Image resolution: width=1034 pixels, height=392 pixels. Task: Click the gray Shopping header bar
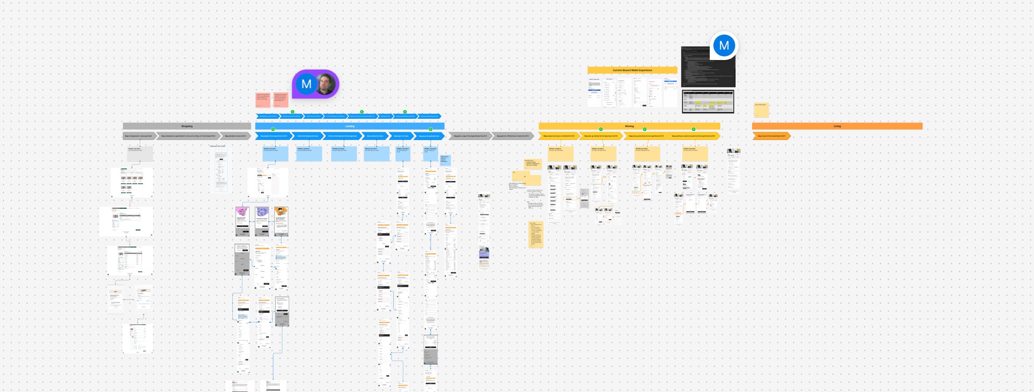186,126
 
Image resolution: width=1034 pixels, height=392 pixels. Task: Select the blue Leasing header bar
349,126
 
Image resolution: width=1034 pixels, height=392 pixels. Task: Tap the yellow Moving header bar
629,126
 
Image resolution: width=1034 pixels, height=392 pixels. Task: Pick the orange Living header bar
837,126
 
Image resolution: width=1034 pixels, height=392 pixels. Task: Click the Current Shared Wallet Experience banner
632,70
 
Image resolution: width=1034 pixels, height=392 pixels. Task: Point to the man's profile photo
326,84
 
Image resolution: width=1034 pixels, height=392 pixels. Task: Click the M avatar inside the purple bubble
306,84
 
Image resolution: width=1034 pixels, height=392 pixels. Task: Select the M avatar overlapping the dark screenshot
724,45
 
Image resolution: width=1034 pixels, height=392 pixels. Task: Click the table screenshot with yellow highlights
708,101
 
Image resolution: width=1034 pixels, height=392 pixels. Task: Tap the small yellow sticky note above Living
761,111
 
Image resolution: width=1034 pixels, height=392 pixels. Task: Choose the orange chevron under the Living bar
771,136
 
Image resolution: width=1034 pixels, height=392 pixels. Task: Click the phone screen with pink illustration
242,221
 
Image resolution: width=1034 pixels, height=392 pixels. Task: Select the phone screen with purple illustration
262,221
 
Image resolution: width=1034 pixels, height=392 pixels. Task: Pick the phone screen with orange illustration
281,221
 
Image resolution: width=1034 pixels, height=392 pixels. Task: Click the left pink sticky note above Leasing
263,100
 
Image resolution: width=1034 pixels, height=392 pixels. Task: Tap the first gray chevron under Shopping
139,136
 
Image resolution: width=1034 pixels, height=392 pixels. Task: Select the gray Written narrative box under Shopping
140,154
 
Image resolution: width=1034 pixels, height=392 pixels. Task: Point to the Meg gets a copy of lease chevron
470,136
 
